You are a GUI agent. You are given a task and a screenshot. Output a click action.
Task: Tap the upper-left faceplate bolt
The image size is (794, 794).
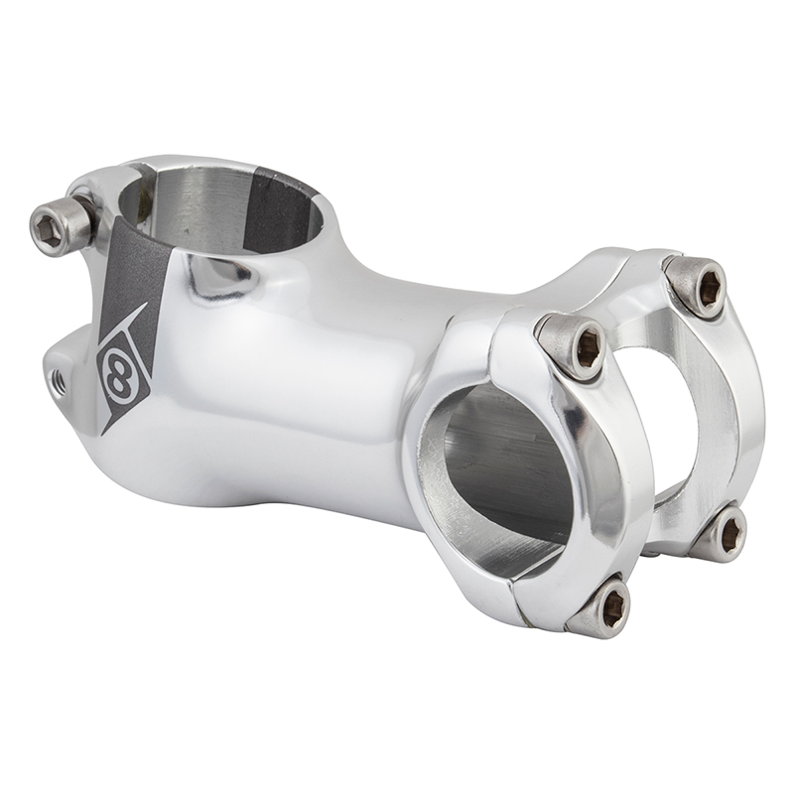pos(574,344)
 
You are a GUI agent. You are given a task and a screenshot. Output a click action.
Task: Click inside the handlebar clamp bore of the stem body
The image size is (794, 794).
pos(506,466)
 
